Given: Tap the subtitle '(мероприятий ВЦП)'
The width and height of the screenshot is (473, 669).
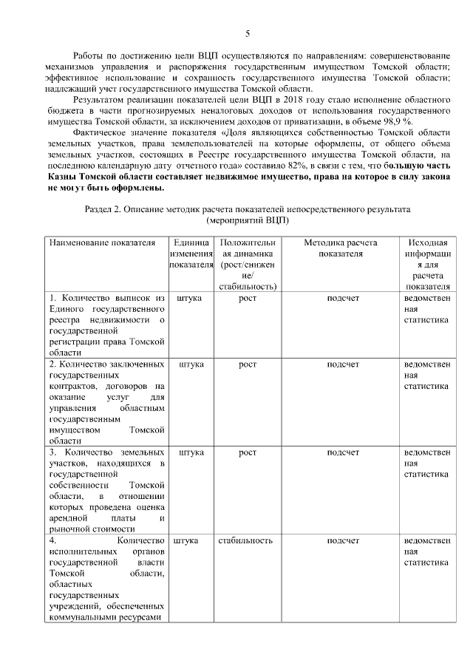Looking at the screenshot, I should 248,220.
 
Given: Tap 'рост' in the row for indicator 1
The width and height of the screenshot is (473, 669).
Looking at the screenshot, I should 247,298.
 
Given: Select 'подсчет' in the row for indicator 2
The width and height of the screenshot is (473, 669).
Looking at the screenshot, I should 342,364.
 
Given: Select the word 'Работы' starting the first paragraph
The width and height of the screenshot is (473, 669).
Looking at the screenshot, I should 92,55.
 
